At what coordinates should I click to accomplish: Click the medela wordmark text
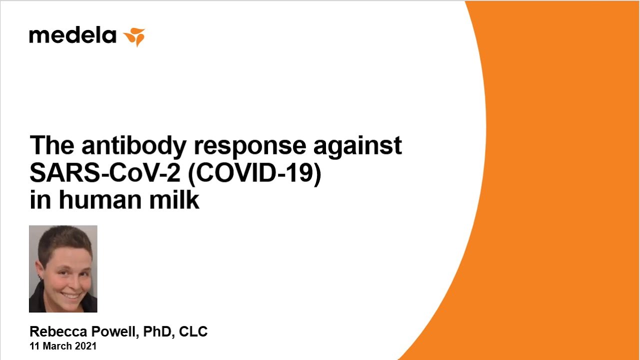pyautogui.click(x=72, y=35)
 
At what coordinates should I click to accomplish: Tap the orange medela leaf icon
pyautogui.click(x=134, y=37)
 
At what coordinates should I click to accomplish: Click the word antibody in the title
pyautogui.click(x=134, y=147)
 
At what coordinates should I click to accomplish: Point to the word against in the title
pyautogui.click(x=357, y=147)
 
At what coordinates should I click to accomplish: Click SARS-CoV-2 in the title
pyautogui.click(x=105, y=173)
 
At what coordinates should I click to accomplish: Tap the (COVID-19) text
pyautogui.click(x=254, y=173)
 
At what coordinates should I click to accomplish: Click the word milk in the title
pyautogui.click(x=174, y=199)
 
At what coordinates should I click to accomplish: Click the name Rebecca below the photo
pyautogui.click(x=58, y=331)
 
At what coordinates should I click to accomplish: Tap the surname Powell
pyautogui.click(x=115, y=331)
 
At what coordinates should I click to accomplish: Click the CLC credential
pyautogui.click(x=193, y=331)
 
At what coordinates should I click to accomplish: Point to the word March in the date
pyautogui.click(x=59, y=346)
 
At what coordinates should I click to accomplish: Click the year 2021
pyautogui.click(x=85, y=346)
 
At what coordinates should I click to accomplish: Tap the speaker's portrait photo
pyautogui.click(x=63, y=268)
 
